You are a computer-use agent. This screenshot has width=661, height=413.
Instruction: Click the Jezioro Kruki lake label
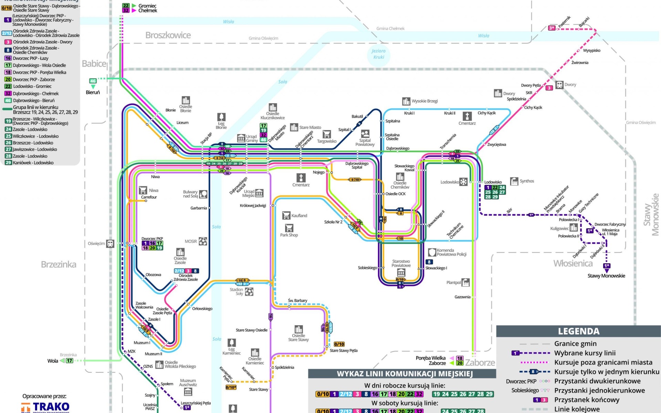tap(379, 54)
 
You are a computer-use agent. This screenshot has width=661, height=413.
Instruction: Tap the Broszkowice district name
tap(168, 35)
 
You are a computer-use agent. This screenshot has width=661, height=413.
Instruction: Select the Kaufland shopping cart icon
tap(286, 215)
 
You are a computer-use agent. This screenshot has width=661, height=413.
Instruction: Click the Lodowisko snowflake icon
tap(464, 182)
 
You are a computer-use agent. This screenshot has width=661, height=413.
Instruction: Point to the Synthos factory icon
tap(514, 181)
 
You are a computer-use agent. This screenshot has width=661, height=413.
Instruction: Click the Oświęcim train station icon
tap(110, 244)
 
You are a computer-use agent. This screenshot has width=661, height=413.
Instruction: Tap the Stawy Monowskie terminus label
tap(606, 276)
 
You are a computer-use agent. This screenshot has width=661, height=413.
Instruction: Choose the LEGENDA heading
tap(579, 331)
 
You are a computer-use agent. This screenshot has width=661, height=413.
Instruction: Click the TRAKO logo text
tap(51, 407)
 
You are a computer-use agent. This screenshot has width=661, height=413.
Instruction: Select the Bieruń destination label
tap(93, 92)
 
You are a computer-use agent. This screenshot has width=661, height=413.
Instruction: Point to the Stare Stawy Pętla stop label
tap(344, 350)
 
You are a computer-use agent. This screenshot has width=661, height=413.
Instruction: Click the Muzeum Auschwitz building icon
tap(188, 392)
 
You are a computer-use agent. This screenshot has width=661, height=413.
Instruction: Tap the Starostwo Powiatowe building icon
tap(401, 273)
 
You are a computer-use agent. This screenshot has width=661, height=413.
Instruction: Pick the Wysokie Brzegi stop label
tap(424, 101)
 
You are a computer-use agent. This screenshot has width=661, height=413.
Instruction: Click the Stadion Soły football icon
tap(249, 292)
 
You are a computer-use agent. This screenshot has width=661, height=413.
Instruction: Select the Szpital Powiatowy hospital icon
tap(365, 134)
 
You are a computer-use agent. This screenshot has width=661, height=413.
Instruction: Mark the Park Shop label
tap(289, 235)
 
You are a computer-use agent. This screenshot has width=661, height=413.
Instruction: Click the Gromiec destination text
tap(147, 6)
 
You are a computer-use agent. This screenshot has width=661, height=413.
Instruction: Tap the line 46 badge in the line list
tap(8, 100)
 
